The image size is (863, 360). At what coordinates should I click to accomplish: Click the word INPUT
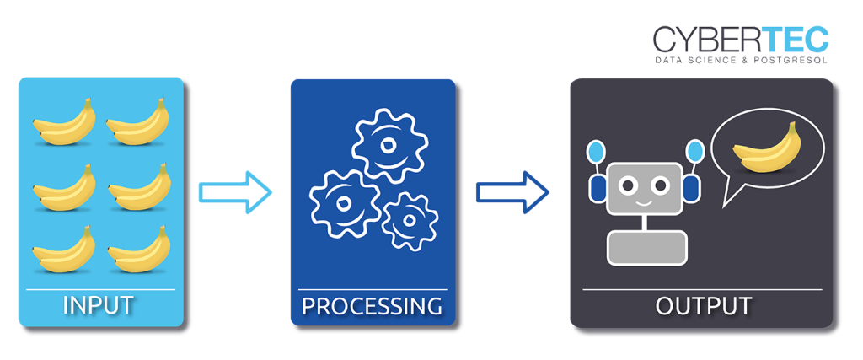coord(100,304)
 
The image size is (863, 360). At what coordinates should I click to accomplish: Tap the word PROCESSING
coord(372,304)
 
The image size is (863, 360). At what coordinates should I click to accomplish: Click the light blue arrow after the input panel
coord(236,191)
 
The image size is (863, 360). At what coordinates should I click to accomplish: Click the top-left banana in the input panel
coord(64,123)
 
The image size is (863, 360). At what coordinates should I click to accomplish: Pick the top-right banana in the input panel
coord(138,123)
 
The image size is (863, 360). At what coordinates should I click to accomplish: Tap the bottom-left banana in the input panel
coord(64,250)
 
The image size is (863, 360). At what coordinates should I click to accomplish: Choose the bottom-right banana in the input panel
coord(138,250)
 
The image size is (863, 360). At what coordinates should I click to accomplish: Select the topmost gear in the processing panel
coord(390,144)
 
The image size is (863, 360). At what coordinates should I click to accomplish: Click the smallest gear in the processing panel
coord(410,221)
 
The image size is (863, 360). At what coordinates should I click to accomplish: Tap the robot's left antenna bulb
coord(596,153)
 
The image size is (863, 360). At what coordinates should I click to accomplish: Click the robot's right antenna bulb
coord(694,152)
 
